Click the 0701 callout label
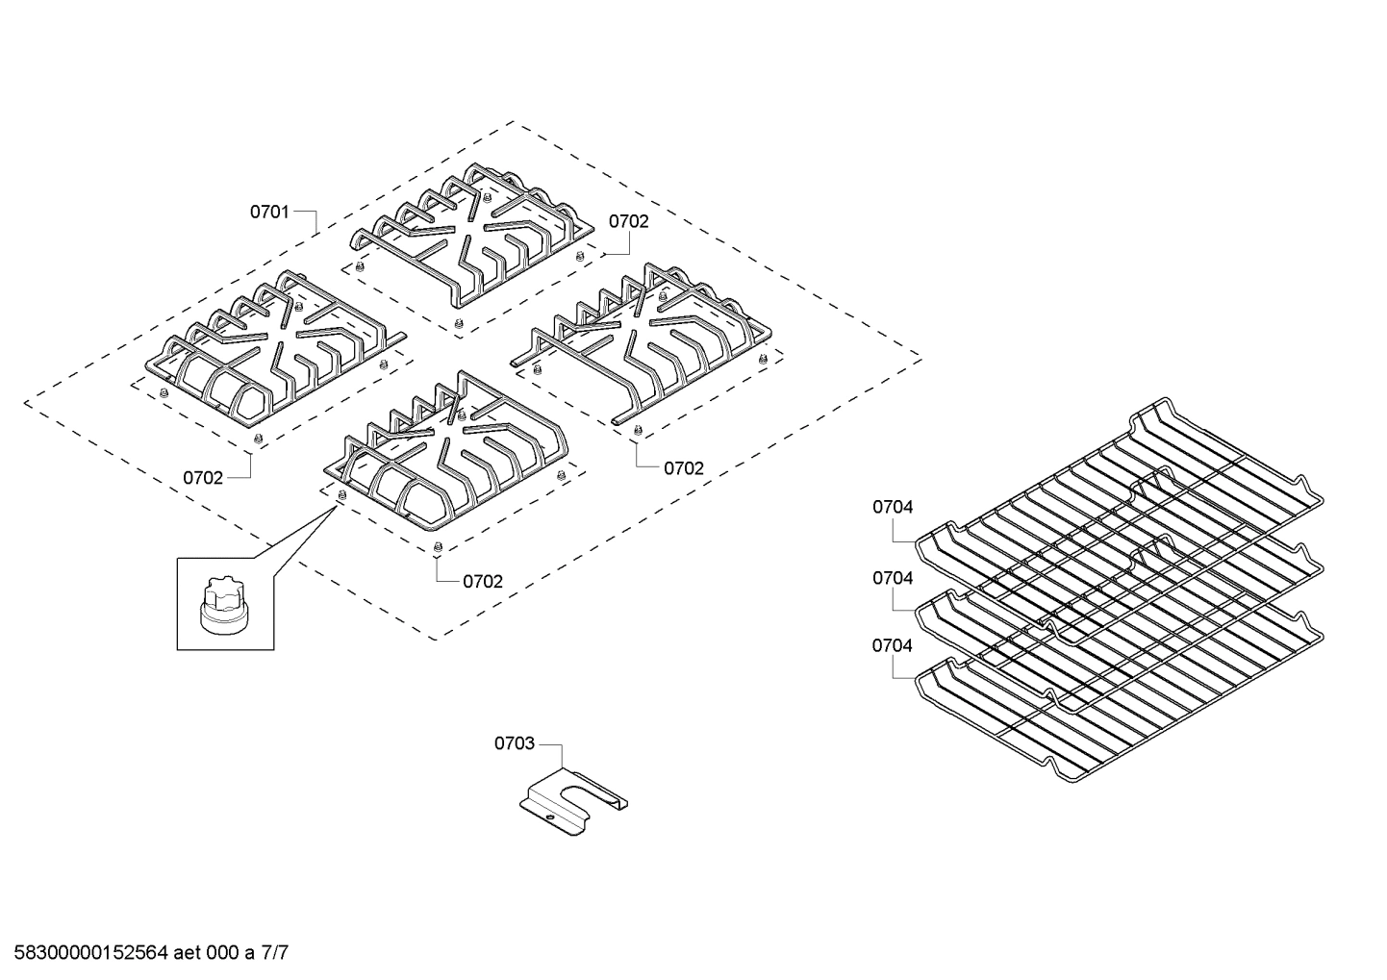269,212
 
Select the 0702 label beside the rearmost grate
628,221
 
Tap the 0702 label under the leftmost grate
203,478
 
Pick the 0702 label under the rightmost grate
684,468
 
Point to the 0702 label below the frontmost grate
483,582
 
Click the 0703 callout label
514,743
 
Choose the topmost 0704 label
893,507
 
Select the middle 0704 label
893,578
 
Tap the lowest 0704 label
893,645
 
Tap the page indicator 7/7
275,954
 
